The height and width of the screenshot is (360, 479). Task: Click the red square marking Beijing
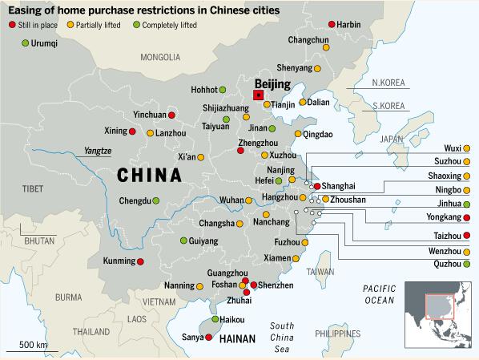pyautogui.click(x=259, y=95)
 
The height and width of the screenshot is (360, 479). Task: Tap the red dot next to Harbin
pyautogui.click(x=332, y=25)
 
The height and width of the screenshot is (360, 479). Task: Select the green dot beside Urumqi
pyautogui.click(x=26, y=43)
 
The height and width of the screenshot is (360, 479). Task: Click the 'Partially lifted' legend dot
pyautogui.click(x=70, y=25)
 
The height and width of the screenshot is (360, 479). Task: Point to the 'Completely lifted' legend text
pyautogui.click(x=170, y=25)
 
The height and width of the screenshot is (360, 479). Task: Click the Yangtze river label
pyautogui.click(x=98, y=151)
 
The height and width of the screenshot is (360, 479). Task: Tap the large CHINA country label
pyautogui.click(x=149, y=176)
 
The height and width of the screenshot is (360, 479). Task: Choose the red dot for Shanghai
pyautogui.click(x=317, y=186)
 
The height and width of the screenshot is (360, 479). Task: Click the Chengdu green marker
pyautogui.click(x=156, y=201)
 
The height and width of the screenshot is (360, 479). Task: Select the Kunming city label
pyautogui.click(x=119, y=261)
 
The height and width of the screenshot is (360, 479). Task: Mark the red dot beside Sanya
pyautogui.click(x=208, y=338)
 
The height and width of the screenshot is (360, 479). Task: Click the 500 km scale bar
pyautogui.click(x=32, y=351)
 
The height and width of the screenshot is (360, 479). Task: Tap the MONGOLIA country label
pyautogui.click(x=160, y=57)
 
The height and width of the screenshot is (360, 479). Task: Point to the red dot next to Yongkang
pyautogui.click(x=466, y=218)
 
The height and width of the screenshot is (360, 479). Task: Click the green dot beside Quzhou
pyautogui.click(x=466, y=264)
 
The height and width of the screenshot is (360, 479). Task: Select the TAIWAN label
pyautogui.click(x=320, y=272)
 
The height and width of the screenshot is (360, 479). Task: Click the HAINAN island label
pyautogui.click(x=237, y=339)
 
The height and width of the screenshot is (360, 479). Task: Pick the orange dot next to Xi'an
pyautogui.click(x=201, y=157)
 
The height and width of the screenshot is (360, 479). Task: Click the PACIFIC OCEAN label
pyautogui.click(x=380, y=294)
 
